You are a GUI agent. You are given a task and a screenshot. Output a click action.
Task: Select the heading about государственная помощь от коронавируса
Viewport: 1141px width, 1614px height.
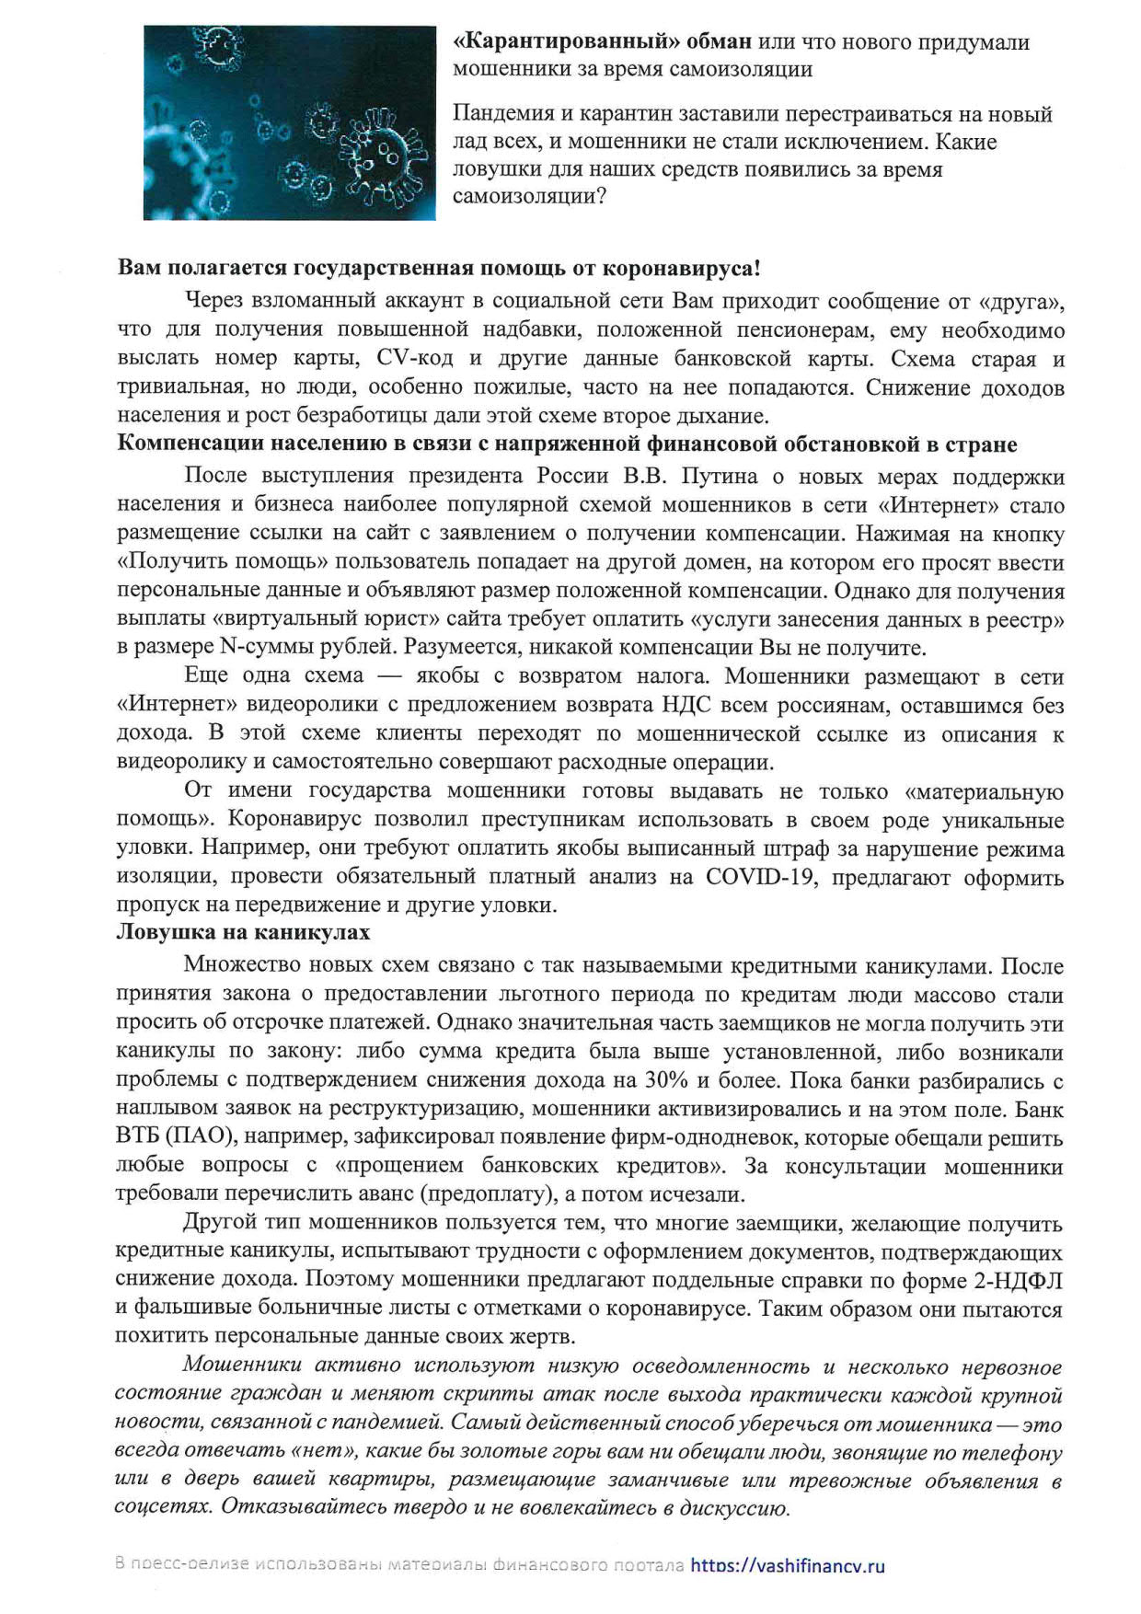pos(439,269)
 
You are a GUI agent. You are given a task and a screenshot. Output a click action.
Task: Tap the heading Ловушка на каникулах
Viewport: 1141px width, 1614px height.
pos(243,932)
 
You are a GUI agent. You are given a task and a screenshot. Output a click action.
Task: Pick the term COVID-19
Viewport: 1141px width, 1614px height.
pos(760,876)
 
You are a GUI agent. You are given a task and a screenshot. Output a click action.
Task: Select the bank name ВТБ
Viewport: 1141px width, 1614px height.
pos(137,1137)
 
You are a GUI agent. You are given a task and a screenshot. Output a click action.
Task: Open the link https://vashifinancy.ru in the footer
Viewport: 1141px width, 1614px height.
pos(787,1564)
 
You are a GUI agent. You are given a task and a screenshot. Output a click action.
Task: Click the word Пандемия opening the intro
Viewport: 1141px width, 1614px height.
pos(502,114)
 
